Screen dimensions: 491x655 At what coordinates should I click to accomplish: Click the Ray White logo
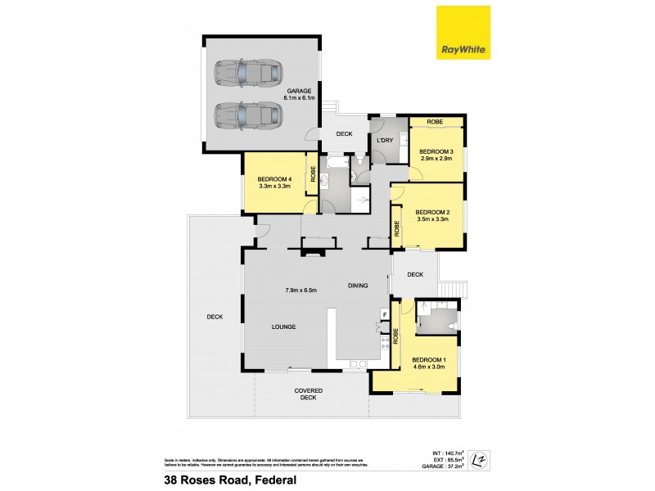(463, 33)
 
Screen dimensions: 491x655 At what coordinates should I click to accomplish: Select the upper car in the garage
(245, 74)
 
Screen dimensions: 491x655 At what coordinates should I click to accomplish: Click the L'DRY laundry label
(385, 140)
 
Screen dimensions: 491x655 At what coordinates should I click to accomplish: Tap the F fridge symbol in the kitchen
(383, 314)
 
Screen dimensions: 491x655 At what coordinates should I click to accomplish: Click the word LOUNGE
(283, 327)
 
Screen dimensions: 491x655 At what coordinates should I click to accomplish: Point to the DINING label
(358, 286)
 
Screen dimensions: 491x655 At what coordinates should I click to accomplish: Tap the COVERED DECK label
(308, 394)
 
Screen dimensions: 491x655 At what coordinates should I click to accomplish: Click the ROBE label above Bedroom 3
(436, 121)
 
